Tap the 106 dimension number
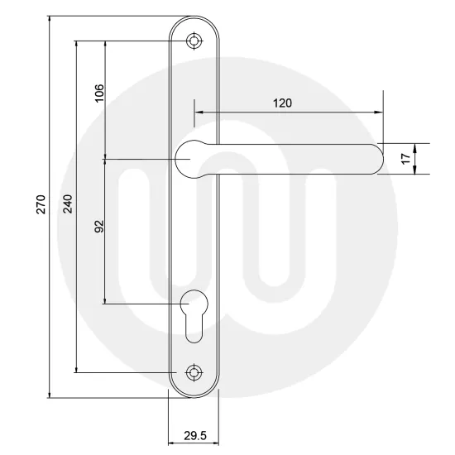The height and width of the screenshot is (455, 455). pyautogui.click(x=98, y=93)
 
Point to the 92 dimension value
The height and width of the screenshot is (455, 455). pyautogui.click(x=98, y=228)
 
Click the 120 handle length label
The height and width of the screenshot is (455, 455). pyautogui.click(x=283, y=103)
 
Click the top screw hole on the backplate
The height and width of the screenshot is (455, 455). pyautogui.click(x=194, y=41)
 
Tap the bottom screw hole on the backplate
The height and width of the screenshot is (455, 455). pyautogui.click(x=194, y=372)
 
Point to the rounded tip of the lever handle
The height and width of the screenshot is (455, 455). pyautogui.click(x=377, y=159)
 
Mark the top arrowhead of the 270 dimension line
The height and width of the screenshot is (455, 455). pyautogui.click(x=49, y=19)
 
